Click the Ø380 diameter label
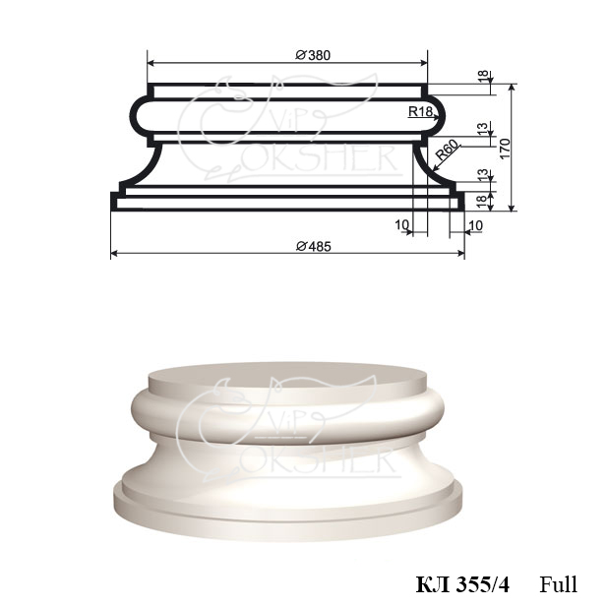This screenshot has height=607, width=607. (313, 55)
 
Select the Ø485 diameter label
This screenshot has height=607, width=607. (314, 246)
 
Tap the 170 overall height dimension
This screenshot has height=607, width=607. (506, 148)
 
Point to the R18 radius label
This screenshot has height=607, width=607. (420, 111)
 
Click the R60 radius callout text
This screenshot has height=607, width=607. (448, 150)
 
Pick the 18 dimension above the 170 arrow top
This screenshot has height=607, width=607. (483, 76)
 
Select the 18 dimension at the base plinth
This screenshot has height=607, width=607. (481, 201)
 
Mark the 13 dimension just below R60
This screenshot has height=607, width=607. (483, 174)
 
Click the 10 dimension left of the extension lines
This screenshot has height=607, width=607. (401, 224)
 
